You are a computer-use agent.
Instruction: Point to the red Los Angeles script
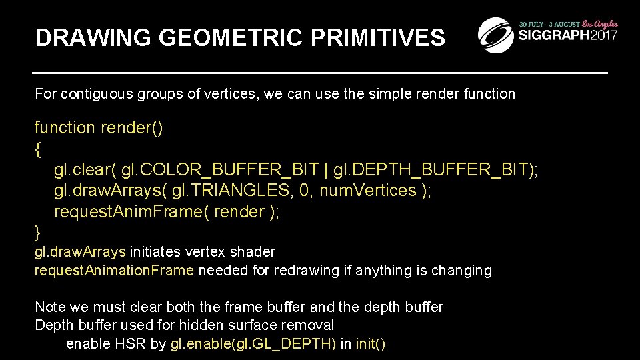[x=599, y=23]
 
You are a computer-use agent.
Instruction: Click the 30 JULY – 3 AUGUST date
[x=549, y=24]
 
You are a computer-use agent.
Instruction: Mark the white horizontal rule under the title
[x=320, y=71]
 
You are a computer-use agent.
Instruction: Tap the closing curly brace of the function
[x=38, y=232]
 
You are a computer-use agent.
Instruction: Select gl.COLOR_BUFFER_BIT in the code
[x=222, y=170]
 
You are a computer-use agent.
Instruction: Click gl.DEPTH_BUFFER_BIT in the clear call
[x=433, y=170]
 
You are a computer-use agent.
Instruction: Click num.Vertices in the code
[x=367, y=191]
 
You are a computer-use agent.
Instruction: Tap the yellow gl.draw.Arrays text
[x=80, y=252]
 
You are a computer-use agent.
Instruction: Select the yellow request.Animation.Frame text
[x=114, y=271]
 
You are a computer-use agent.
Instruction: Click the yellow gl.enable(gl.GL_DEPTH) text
[x=253, y=344]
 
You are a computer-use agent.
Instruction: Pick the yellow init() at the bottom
[x=370, y=344]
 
